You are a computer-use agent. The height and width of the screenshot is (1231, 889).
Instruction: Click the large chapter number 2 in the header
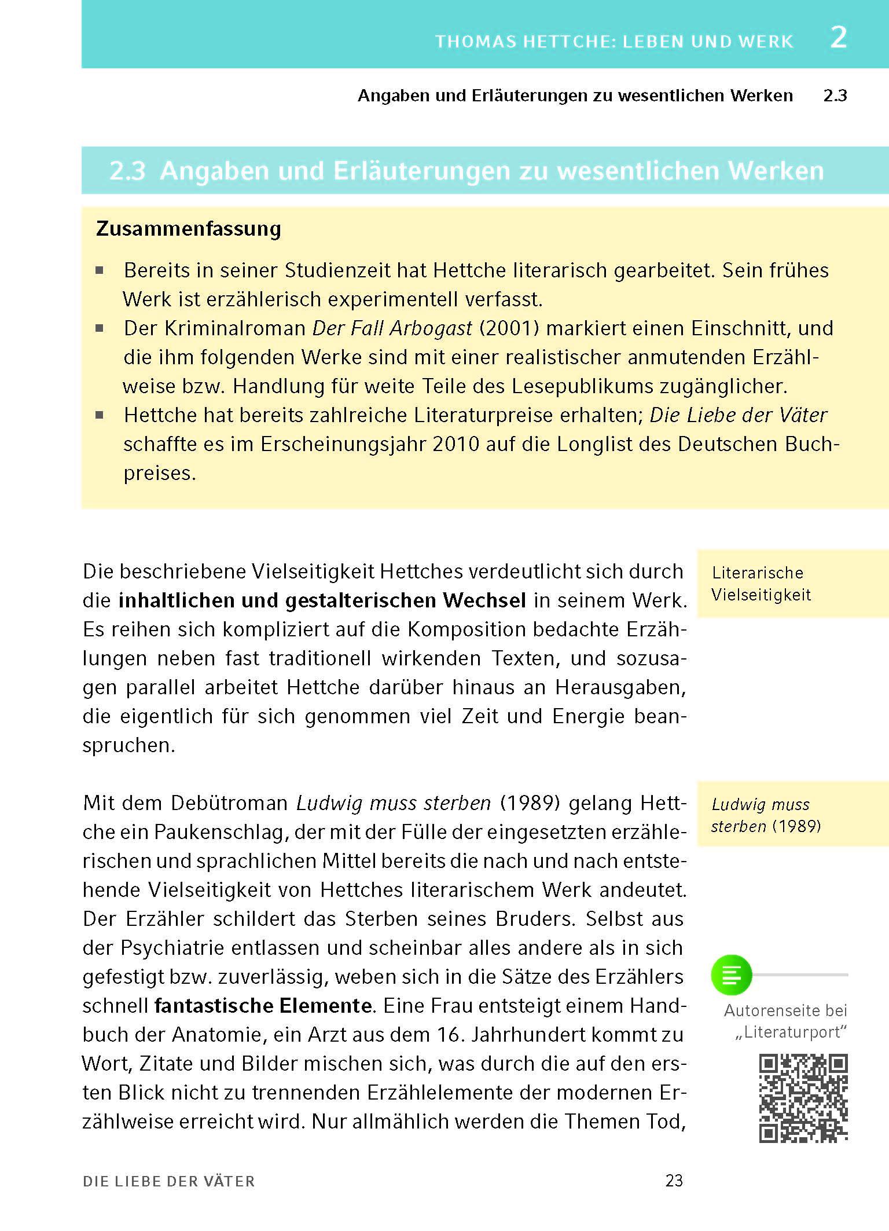pos(839,38)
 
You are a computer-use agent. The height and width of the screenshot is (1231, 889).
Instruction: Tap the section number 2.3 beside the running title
pos(835,96)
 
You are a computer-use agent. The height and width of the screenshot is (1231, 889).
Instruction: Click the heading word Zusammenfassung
pos(189,229)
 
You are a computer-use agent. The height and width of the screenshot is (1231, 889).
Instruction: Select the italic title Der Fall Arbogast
pos(392,328)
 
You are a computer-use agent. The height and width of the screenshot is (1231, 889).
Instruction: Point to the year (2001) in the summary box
pos(509,328)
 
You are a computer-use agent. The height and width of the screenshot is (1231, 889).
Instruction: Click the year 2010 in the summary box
pos(456,444)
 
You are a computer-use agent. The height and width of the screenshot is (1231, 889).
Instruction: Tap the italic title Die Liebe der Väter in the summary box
pos(738,415)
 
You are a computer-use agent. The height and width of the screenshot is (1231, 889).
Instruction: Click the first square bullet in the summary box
pos(100,270)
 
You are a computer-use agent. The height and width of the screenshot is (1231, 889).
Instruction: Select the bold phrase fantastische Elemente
pos(263,1006)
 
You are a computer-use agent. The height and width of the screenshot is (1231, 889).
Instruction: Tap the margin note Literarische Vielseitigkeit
pos(761,584)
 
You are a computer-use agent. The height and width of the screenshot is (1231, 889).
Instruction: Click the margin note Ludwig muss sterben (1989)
pos(765,815)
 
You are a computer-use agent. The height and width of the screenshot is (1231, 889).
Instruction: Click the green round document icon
pos(731,975)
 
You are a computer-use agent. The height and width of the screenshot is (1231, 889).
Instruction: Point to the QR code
pos(803,1098)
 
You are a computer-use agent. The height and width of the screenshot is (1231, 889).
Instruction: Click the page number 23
pos(674,1181)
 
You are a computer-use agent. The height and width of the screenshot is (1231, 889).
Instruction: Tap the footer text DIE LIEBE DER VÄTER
pos(168,1182)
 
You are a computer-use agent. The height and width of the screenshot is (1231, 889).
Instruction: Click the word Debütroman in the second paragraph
pos(229,803)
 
